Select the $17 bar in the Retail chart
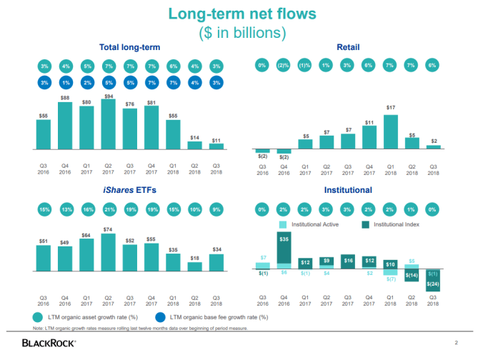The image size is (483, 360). pos(390,131)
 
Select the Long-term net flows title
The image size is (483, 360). pos(241,14)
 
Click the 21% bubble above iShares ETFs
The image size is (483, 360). pos(109,209)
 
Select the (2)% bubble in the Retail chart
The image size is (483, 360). pos(284,66)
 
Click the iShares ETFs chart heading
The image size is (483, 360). pos(129,191)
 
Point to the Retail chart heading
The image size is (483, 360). pos(347,47)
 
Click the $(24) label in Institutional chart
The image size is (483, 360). pos(432,284)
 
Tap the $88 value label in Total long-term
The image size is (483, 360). pos(65,98)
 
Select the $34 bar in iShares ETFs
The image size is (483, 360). pos(216,264)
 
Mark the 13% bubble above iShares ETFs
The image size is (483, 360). pos(65,209)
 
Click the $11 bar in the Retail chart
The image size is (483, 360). pos(369,137)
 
